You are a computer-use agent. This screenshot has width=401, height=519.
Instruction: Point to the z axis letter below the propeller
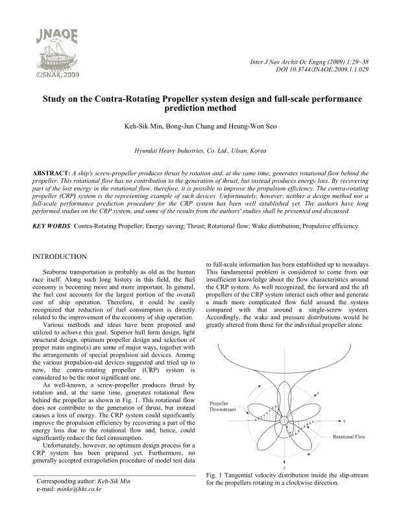coord(284,467)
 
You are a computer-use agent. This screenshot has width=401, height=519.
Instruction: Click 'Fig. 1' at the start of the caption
coord(210,476)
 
